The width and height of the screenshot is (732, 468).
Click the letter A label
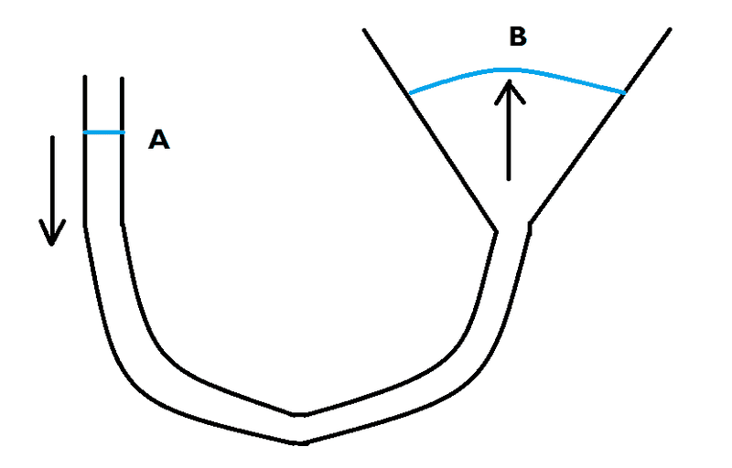pyautogui.click(x=158, y=139)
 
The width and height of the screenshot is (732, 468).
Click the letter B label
pyautogui.click(x=518, y=37)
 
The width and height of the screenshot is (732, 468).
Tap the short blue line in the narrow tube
pyautogui.click(x=104, y=133)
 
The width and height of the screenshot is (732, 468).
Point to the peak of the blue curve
pyautogui.click(x=508, y=69)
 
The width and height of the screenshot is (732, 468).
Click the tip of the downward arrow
pyautogui.click(x=51, y=244)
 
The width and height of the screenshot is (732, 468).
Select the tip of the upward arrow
pyautogui.click(x=510, y=81)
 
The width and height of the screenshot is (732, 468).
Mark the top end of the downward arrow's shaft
pyautogui.click(x=52, y=137)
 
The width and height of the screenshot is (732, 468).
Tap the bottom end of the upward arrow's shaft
pyautogui.click(x=509, y=179)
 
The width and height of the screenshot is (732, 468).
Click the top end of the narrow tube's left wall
pyautogui.click(x=85, y=76)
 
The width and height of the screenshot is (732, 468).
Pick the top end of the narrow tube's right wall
pyautogui.click(x=123, y=78)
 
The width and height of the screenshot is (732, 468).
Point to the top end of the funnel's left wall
pyautogui.click(x=364, y=30)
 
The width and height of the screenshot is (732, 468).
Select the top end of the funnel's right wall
pyautogui.click(x=670, y=29)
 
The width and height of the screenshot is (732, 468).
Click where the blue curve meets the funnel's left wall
pyautogui.click(x=409, y=93)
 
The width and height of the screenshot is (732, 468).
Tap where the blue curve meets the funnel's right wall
pyautogui.click(x=624, y=92)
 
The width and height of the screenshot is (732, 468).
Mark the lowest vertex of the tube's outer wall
pyautogui.click(x=301, y=442)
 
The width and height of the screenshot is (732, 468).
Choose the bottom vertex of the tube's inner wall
pyautogui.click(x=299, y=414)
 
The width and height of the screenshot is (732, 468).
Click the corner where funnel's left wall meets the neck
pyautogui.click(x=496, y=231)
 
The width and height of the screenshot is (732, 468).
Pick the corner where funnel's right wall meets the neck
pyautogui.click(x=530, y=224)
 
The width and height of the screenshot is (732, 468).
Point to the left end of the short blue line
pyautogui.click(x=84, y=133)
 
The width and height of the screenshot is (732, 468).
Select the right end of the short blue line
pyautogui.click(x=124, y=133)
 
